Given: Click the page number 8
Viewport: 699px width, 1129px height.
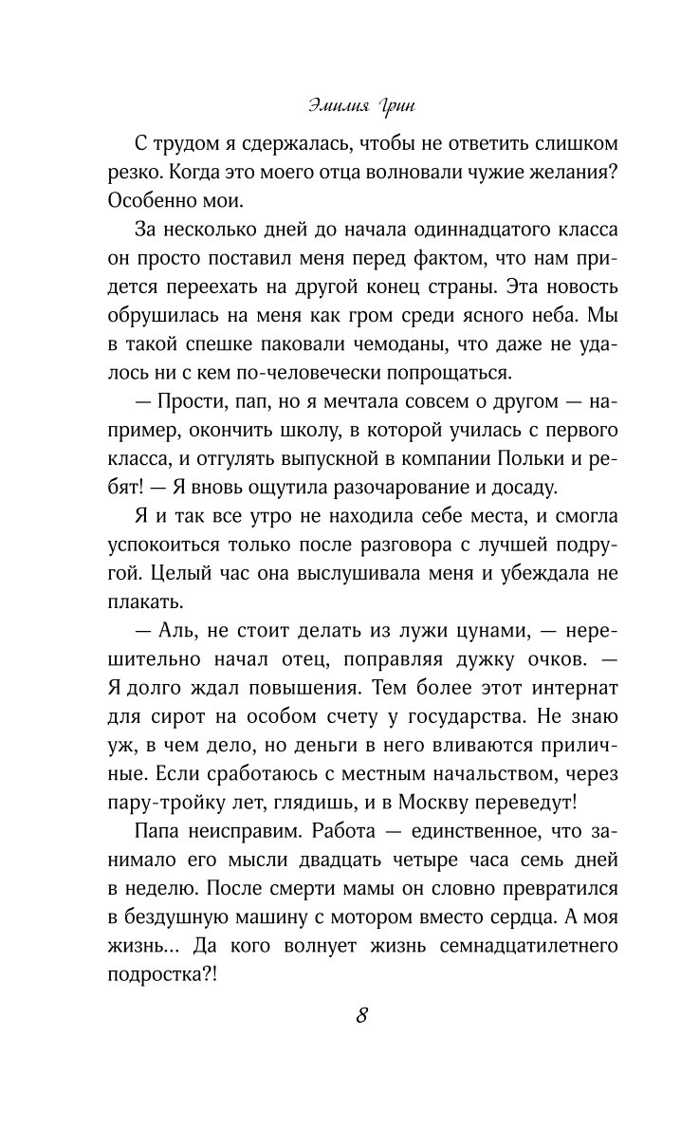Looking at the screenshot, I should tap(362, 1013).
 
